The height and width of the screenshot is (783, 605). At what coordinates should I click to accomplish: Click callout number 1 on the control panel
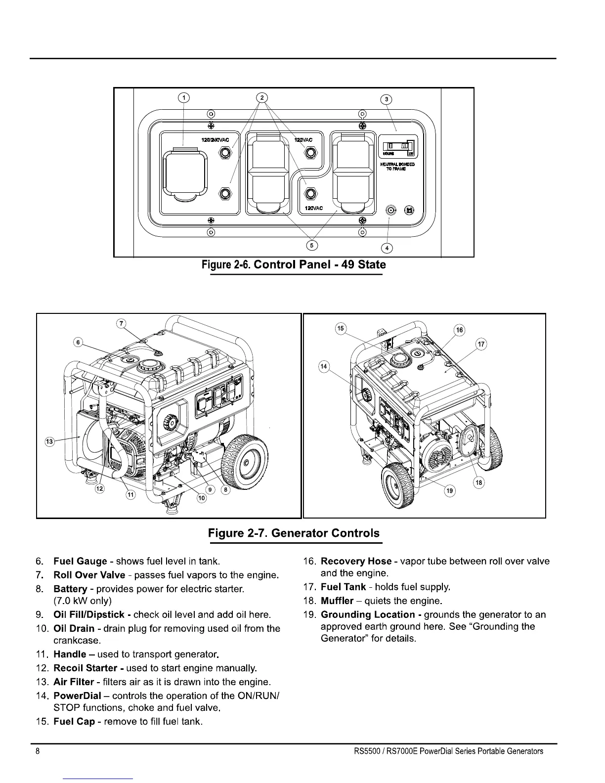pos(183,97)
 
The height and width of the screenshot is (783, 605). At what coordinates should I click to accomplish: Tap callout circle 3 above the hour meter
pos(388,99)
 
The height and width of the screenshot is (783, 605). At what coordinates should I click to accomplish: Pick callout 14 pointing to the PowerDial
pos(324,366)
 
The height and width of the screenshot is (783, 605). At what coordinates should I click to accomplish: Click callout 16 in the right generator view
pos(459,330)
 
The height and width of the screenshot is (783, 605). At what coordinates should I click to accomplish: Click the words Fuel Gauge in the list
pos(80,561)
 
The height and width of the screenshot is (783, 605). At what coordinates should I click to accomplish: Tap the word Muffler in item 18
pos(337,601)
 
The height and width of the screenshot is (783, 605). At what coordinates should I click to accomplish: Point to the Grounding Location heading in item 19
pos(368,614)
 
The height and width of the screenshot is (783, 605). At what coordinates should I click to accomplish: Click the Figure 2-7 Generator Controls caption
pos(294,533)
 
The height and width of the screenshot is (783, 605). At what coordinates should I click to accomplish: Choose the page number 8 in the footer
pos(38,751)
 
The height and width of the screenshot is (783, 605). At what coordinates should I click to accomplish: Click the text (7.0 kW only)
pos(83,601)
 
